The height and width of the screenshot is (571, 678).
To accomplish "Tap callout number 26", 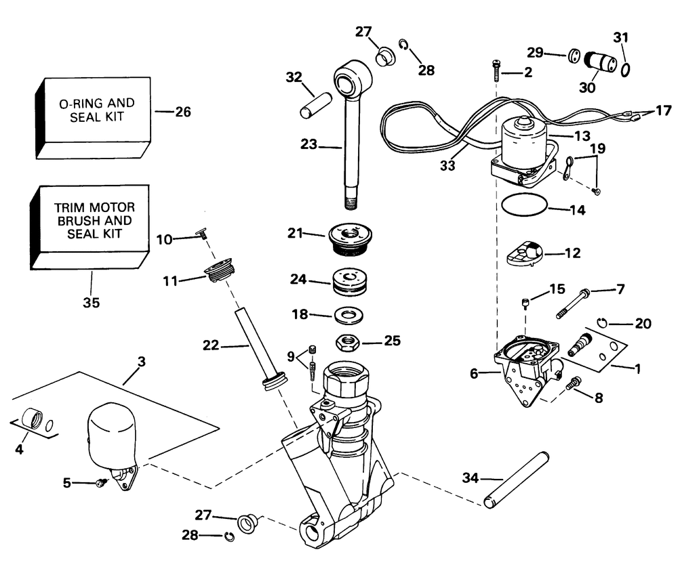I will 183,112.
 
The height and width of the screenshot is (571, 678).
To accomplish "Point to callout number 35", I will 91,303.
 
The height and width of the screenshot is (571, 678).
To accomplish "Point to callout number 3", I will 141,362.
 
